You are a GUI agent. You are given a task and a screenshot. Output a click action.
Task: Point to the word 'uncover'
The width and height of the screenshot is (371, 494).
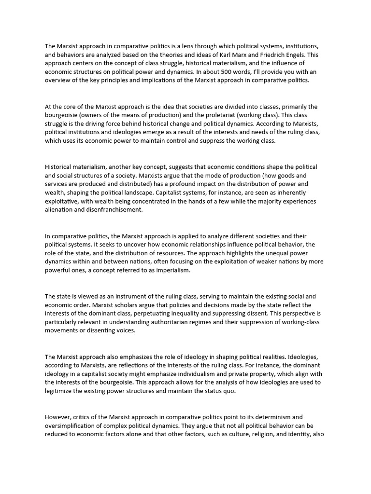click(160, 245)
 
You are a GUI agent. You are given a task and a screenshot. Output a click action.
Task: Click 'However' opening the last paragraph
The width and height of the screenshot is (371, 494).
click(59, 417)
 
